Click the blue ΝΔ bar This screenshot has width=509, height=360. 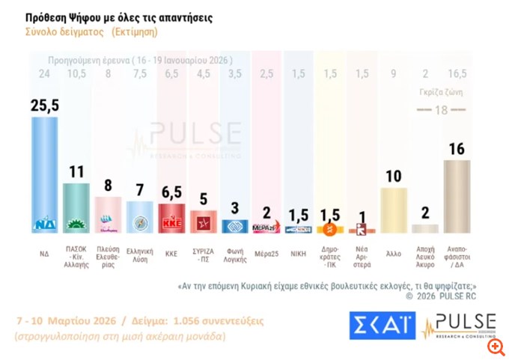coord(44,172)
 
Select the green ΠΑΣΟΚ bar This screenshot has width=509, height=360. coord(76,206)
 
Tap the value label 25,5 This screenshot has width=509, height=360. coord(44,106)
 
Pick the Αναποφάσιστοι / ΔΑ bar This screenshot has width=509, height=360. coord(457,195)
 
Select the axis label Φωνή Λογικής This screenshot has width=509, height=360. coord(235,248)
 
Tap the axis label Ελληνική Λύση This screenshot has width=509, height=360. coord(140,248)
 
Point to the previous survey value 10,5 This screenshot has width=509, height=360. coord(76,73)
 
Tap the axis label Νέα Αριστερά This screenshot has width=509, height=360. coord(362,248)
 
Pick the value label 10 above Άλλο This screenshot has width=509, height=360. coord(394,177)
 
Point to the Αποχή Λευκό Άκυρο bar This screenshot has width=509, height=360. coord(426,229)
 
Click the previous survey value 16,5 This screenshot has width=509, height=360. coord(457,73)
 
